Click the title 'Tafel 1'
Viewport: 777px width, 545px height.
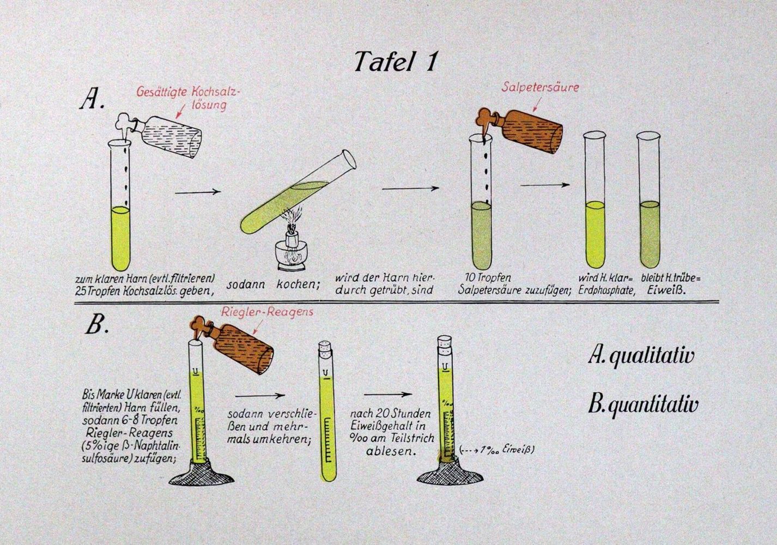tap(395, 62)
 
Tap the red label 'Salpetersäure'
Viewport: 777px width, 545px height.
tap(541, 87)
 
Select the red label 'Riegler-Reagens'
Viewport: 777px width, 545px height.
tap(267, 312)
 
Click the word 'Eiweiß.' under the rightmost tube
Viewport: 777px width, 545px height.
tap(666, 290)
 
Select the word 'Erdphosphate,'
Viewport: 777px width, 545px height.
tap(606, 290)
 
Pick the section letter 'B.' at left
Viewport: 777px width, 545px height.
tap(97, 325)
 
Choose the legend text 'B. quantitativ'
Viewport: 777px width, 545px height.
tap(643, 405)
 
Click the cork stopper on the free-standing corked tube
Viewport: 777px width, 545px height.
tap(325, 349)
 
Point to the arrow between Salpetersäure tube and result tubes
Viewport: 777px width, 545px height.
tap(545, 185)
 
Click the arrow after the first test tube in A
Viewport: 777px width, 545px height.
tap(198, 191)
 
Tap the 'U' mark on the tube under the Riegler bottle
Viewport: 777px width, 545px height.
tap(196, 371)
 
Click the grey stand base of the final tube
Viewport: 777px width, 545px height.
tap(451, 476)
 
